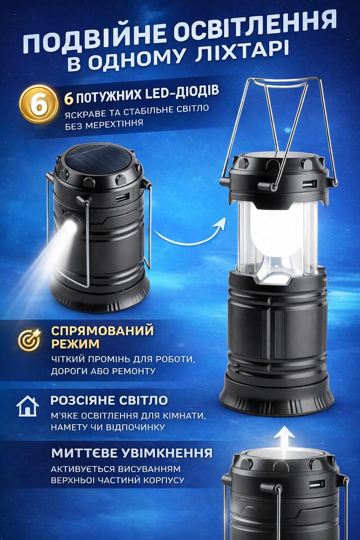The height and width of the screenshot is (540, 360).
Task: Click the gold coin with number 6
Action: coord(39,104)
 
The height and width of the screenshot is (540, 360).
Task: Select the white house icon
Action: coord(28,406)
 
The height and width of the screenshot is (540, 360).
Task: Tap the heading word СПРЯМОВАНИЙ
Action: coord(103,330)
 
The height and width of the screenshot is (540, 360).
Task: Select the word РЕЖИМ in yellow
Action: coord(75,344)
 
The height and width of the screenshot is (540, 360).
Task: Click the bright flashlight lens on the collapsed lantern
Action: coord(70,227)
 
